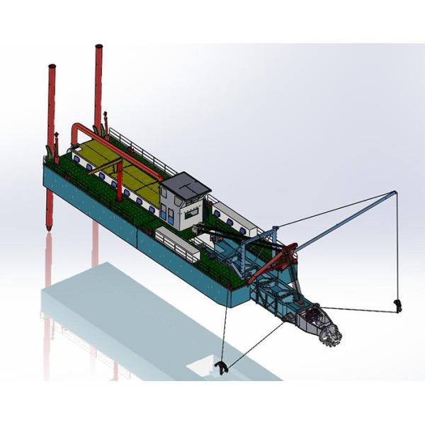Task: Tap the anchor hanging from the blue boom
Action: point(398,305)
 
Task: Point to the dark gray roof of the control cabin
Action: point(185,185)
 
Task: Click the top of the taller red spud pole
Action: point(98,48)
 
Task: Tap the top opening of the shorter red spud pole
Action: point(52,67)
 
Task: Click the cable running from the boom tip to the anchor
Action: point(397,248)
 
